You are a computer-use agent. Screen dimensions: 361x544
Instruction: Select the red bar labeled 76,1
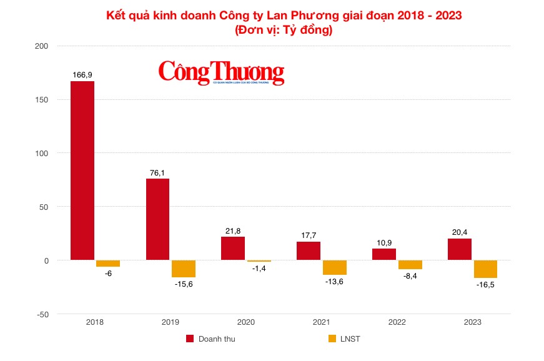point(157,219)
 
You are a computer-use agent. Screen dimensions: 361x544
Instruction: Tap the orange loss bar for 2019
point(183,269)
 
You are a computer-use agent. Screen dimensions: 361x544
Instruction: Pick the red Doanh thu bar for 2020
point(233,249)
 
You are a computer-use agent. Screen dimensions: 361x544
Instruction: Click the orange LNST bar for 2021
point(334,267)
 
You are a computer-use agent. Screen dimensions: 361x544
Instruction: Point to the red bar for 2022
point(384,254)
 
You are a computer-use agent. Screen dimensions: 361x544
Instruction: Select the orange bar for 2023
point(485,269)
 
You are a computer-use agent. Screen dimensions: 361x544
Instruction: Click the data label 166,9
point(82,75)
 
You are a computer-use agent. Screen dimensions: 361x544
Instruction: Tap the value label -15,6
point(183,284)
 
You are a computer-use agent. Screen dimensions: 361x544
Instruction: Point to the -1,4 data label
point(259,268)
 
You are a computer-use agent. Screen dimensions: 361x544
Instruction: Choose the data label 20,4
point(459,232)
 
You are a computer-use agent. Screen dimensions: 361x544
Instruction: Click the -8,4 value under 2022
point(410,275)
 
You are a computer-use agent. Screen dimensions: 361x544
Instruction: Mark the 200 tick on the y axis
point(42,46)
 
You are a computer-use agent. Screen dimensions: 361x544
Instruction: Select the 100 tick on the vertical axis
point(42,153)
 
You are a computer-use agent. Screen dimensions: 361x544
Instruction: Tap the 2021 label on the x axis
point(321,322)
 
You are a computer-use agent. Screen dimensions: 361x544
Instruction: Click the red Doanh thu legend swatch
point(190,339)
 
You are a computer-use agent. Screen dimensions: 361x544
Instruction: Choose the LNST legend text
point(350,339)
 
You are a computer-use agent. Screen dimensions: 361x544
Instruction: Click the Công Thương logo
point(221,72)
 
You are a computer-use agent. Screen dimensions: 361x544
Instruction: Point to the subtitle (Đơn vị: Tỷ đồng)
point(284,29)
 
